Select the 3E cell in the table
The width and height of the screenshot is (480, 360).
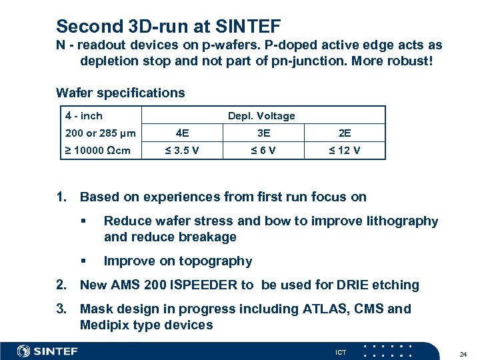click(x=263, y=132)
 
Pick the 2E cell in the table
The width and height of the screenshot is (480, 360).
click(x=345, y=132)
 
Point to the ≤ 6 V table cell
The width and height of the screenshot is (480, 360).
click(x=263, y=150)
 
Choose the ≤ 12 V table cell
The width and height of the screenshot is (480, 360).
click(x=345, y=150)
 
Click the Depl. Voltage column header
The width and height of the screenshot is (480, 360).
click(x=261, y=115)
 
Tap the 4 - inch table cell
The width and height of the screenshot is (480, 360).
click(x=84, y=115)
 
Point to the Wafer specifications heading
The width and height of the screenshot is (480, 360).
click(x=121, y=93)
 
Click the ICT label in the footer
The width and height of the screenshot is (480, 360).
click(x=341, y=351)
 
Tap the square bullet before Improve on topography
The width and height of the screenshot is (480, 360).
click(x=83, y=261)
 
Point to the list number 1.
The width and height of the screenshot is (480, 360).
click(x=62, y=197)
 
